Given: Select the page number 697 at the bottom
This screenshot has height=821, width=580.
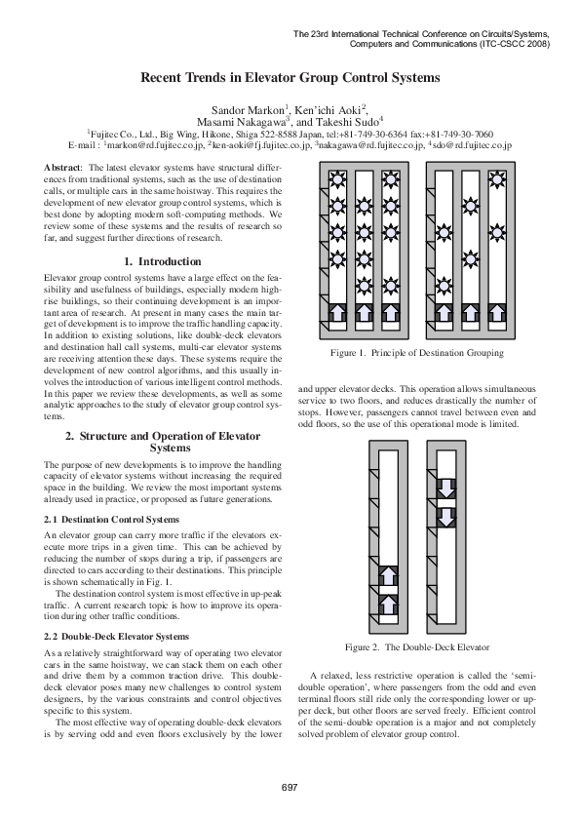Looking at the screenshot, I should pyautogui.click(x=290, y=787).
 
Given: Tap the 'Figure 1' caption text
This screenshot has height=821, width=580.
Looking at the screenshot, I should pyautogui.click(x=416, y=352).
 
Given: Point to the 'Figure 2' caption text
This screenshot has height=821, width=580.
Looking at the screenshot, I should pyautogui.click(x=416, y=647).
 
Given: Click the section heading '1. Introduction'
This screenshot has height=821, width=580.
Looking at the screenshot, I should pyautogui.click(x=165, y=262).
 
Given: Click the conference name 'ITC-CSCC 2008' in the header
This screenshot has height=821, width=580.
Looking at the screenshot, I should pyautogui.click(x=516, y=44).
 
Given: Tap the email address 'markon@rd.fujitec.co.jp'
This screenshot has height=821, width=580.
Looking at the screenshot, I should pyautogui.click(x=162, y=144).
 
